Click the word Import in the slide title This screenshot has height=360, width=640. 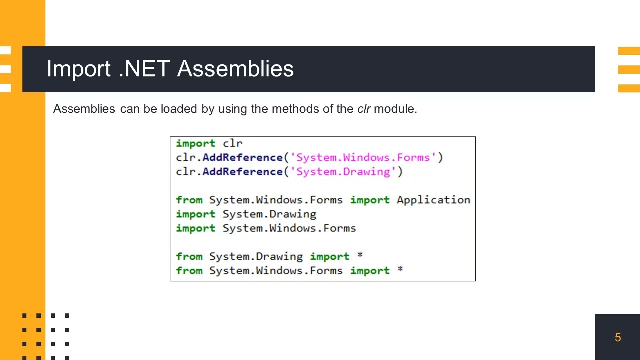tap(78, 69)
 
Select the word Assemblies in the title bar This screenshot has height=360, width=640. tap(235, 69)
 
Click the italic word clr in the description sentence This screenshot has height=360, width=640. tap(364, 109)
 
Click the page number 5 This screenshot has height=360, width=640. tap(618, 338)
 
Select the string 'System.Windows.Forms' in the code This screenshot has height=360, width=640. tap(363, 158)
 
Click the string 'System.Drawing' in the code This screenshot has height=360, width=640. tap(343, 172)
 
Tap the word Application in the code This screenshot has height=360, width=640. tap(433, 200)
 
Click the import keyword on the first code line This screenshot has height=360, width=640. tap(195, 144)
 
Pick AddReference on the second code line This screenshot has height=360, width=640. tap(242, 158)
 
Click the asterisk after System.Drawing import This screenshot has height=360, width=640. tap(360, 256)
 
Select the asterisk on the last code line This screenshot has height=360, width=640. tap(400, 270)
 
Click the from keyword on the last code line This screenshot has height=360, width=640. tap(189, 271)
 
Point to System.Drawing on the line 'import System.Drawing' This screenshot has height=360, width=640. tap(269, 214)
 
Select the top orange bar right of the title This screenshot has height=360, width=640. tap(629, 51)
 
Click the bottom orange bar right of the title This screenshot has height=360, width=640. tap(629, 88)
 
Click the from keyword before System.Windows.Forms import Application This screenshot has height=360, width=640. tap(189, 200)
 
